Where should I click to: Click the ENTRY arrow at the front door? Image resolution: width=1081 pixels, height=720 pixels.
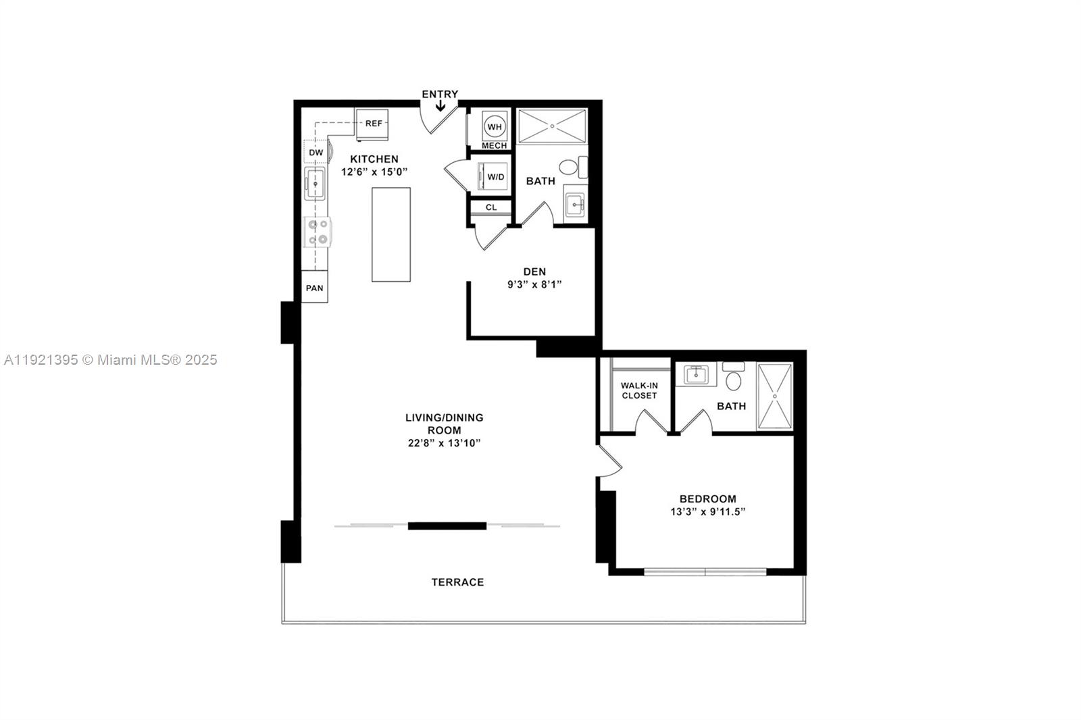point(440,106)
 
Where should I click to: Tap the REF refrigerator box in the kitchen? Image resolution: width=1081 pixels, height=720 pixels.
point(373,124)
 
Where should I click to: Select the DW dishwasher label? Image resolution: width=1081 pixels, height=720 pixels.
point(316,153)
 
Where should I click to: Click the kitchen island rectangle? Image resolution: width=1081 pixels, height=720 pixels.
point(391,234)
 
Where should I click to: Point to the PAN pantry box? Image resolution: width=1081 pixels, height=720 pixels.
point(314,288)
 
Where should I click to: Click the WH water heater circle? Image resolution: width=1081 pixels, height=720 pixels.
point(495,127)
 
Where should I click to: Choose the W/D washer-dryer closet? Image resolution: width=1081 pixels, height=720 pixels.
point(495,177)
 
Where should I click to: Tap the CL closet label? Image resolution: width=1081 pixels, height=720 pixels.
point(491,207)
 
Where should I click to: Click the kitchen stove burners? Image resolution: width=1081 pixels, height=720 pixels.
point(318,232)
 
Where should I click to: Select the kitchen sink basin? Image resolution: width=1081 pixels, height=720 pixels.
point(315,184)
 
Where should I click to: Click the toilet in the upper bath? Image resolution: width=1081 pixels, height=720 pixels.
point(570,166)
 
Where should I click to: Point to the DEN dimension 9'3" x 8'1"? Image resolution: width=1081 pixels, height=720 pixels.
point(534,285)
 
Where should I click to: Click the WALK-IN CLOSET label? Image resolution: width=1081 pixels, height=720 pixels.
point(639,390)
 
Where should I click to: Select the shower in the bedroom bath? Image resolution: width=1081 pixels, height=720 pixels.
point(774,396)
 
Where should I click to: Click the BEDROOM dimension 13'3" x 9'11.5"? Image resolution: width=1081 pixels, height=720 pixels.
point(707,512)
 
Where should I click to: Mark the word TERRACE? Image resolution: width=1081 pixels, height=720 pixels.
point(457,582)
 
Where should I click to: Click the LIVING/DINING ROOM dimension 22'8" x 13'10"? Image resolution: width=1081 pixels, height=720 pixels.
point(444,443)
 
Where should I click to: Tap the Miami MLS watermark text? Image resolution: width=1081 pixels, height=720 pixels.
point(110,360)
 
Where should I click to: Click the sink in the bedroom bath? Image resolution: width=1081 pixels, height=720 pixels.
point(695,374)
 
